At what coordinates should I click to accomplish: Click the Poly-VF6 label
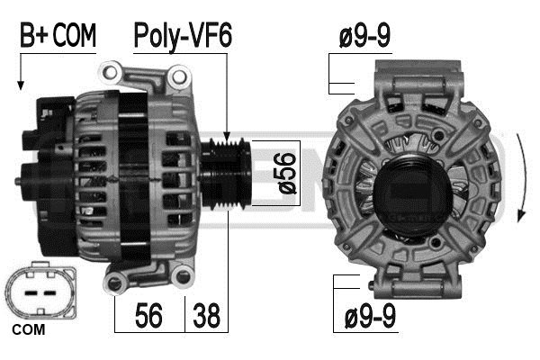[183, 37]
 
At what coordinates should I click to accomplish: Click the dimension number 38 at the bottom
[205, 316]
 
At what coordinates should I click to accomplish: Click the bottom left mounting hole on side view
[114, 284]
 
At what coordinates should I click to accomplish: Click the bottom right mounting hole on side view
[185, 277]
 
